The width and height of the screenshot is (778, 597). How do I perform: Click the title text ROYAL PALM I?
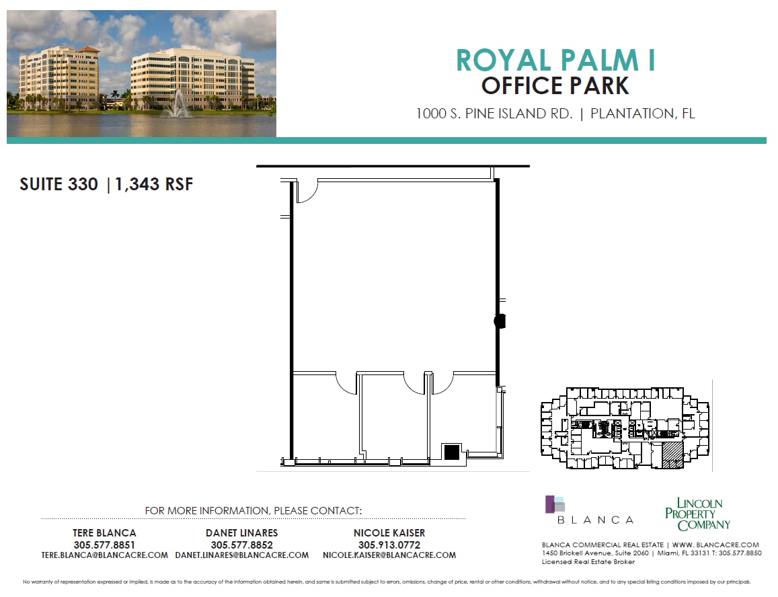[x=555, y=61]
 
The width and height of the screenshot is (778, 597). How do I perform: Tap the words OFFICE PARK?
[x=555, y=86]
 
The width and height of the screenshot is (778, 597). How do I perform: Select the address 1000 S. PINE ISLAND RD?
[x=494, y=114]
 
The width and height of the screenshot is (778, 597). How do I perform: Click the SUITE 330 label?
[x=59, y=184]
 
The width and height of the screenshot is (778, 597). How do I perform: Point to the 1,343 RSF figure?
[x=154, y=184]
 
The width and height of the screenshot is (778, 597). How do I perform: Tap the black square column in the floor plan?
[x=452, y=452]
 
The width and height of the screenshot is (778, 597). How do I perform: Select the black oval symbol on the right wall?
[x=500, y=321]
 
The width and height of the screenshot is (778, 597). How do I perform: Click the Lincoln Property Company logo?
[x=697, y=514]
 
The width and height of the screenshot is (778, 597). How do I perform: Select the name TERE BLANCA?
[x=104, y=533]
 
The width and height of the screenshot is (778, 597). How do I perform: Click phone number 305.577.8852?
[x=242, y=545]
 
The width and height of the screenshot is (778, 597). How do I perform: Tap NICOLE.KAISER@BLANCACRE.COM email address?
[x=389, y=555]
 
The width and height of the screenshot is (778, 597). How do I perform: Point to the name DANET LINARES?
[x=242, y=533]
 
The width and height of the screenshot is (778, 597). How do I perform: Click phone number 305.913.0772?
[x=389, y=545]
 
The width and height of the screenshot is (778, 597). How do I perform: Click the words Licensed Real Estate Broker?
[x=588, y=561]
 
